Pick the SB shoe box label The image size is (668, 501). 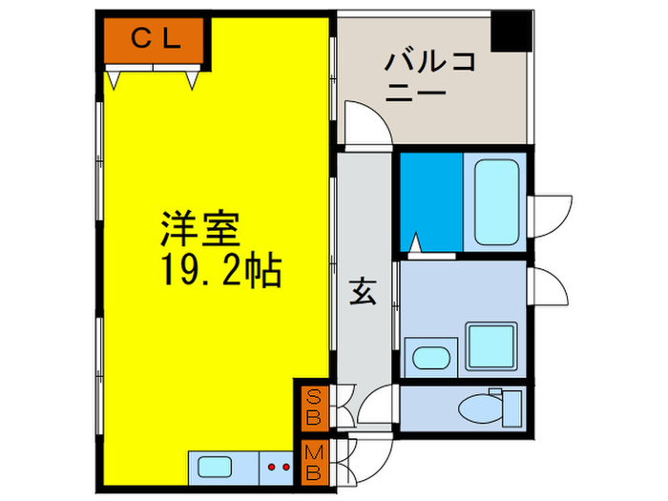tap(312, 407)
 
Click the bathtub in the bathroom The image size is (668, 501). tap(495, 201)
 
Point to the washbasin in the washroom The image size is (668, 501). tap(428, 359)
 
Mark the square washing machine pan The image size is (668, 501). tap(490, 345)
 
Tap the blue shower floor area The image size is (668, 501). tap(430, 201)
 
